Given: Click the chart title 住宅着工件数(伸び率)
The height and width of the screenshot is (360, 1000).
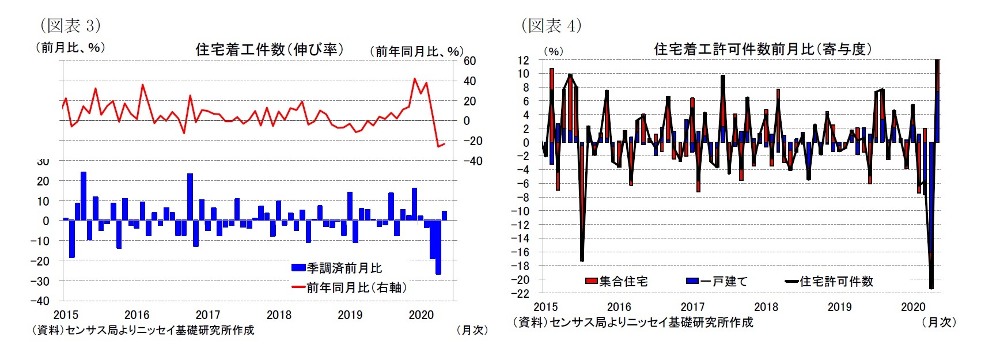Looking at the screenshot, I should pos(270,50).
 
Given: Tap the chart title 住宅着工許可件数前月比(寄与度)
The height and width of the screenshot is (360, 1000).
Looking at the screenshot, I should pos(763,50).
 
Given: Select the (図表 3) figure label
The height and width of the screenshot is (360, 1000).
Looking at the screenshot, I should pos(70,25).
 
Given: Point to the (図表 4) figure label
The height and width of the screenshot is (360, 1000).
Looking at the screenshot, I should pos(551,25).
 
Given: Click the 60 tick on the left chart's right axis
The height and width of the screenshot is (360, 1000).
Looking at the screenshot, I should pos(469,61).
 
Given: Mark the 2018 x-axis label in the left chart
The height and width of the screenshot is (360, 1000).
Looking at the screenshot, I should pos(279,315).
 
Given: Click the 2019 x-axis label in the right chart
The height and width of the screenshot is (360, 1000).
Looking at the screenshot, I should pos(839,307).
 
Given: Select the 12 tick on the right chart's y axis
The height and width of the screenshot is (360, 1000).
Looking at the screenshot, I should pos(523,60).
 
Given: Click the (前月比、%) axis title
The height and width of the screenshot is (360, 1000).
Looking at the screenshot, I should pos(70,48).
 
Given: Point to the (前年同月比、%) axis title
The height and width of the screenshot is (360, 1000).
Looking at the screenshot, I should pos(416,51).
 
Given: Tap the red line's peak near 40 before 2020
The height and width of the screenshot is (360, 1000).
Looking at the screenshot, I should pos(415,79).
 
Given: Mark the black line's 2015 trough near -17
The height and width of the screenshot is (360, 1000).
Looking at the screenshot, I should pos(582,260).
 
